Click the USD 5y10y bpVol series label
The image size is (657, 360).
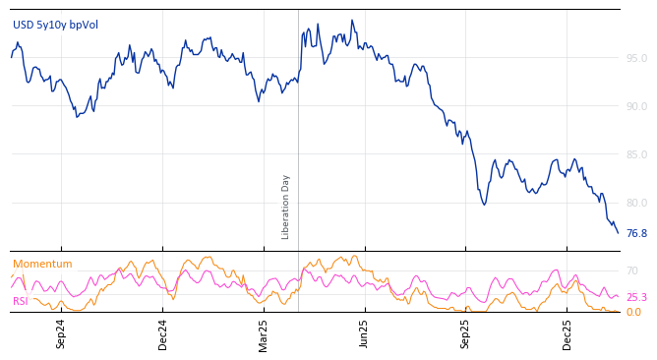[55, 25]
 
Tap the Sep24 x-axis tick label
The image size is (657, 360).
[61, 333]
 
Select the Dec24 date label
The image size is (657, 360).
[163, 333]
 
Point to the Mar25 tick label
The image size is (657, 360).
[264, 333]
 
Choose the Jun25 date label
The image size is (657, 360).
[365, 333]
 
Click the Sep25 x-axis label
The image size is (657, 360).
[466, 333]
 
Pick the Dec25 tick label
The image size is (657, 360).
[567, 333]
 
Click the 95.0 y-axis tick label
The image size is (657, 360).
[636, 58]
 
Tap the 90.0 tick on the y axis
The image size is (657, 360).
[636, 106]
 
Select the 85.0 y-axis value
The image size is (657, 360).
[636, 154]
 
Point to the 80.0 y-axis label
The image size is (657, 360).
[636, 203]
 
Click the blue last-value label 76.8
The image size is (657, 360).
[636, 234]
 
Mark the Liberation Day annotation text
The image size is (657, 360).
[286, 207]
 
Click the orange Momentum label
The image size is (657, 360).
[42, 264]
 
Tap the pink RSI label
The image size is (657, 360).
[21, 301]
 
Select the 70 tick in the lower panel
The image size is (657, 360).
[632, 270]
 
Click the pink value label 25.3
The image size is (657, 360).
[636, 297]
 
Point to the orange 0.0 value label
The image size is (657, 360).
[633, 312]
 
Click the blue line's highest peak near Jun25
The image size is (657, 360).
[352, 21]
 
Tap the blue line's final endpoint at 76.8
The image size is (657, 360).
[618, 233]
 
